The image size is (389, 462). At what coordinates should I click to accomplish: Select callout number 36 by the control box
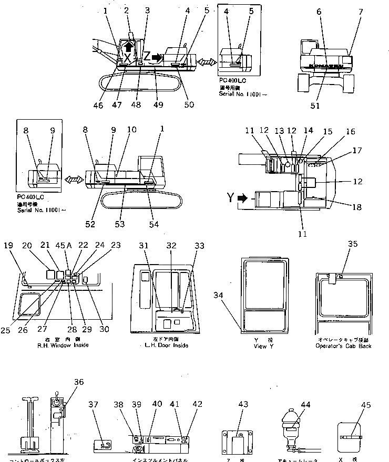79,382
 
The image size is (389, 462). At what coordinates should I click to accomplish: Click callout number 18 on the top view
356,207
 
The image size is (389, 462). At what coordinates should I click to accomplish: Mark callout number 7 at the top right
360,12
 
